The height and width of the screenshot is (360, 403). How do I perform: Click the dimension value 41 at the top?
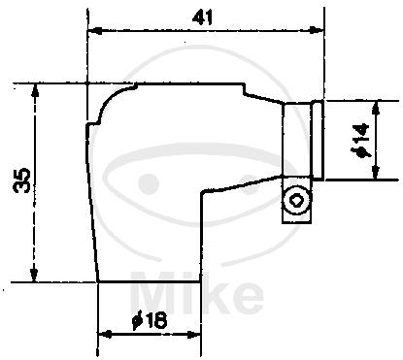[202, 17]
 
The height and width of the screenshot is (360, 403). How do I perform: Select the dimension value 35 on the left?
[22, 180]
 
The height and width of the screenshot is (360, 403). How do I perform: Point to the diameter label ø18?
[151, 321]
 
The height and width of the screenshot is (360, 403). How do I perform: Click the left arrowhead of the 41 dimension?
[94, 31]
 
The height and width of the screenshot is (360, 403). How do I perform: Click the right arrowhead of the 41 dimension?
[317, 31]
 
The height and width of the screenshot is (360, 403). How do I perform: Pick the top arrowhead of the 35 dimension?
[35, 90]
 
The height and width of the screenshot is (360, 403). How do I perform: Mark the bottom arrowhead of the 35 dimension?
[34, 275]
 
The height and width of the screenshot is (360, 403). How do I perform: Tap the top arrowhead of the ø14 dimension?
[376, 107]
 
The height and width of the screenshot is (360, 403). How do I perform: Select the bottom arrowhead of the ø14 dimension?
[376, 173]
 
